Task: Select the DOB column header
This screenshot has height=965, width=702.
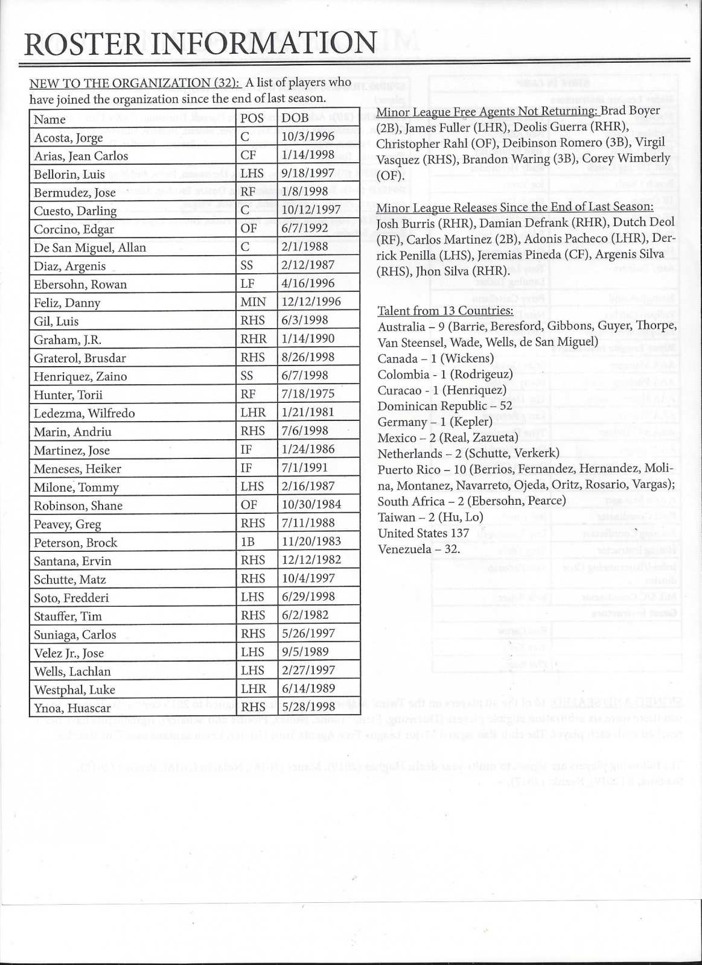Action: point(295,118)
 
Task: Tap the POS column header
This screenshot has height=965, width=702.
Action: point(252,118)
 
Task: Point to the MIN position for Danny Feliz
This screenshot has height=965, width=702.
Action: point(254,302)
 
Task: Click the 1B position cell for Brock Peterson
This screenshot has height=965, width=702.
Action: point(247,542)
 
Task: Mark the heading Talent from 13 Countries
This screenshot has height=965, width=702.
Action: point(445,311)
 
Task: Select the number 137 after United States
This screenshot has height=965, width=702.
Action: point(459,533)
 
